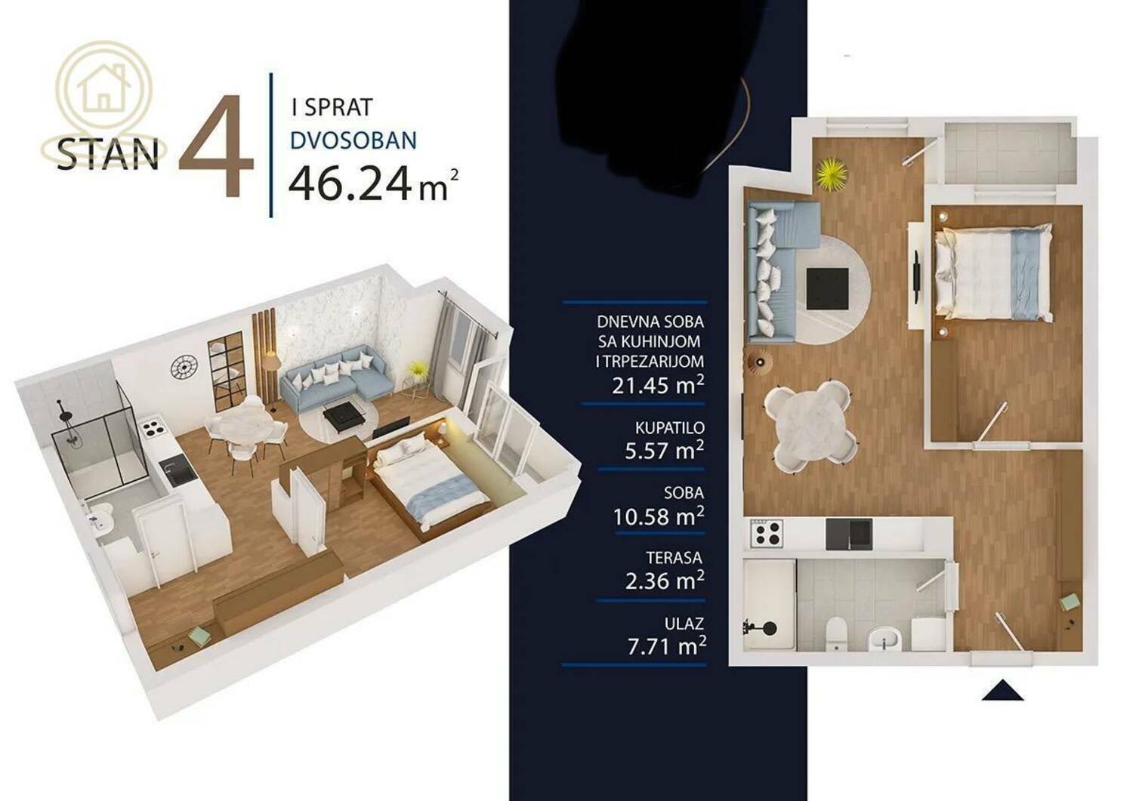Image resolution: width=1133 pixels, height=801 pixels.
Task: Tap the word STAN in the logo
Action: point(108,154)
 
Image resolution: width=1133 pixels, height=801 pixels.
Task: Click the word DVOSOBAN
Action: point(353,140)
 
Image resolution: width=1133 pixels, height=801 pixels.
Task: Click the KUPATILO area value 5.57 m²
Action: point(664,449)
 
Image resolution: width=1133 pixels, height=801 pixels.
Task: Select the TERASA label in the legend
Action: point(674,558)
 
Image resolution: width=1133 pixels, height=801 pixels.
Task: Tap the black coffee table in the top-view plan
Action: point(828,288)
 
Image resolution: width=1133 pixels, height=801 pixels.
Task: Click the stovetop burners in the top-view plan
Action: point(767,534)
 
